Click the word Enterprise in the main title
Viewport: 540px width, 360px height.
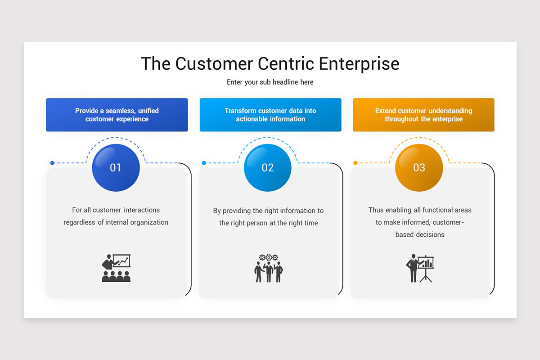pos(359,63)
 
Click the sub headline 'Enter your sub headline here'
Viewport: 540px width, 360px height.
pos(270,82)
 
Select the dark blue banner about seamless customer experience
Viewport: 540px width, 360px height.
pos(117,115)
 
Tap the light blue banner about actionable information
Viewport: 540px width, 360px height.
pos(270,115)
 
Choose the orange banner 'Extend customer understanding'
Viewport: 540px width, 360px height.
pos(423,115)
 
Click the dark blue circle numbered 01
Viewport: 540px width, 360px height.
pos(116,168)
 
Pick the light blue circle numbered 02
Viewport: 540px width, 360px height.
pos(268,168)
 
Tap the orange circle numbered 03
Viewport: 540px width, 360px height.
pos(419,168)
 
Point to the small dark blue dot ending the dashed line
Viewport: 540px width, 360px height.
pos(52,163)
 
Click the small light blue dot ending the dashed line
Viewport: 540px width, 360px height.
pos(204,163)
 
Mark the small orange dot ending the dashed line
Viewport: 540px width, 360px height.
pos(355,163)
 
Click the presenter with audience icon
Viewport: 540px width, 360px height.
pos(116,268)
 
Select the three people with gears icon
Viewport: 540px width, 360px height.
pos(269,268)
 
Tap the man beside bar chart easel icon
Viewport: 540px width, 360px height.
pos(420,269)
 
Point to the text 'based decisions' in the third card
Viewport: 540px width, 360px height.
pos(420,234)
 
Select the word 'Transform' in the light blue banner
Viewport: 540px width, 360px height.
pos(240,111)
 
